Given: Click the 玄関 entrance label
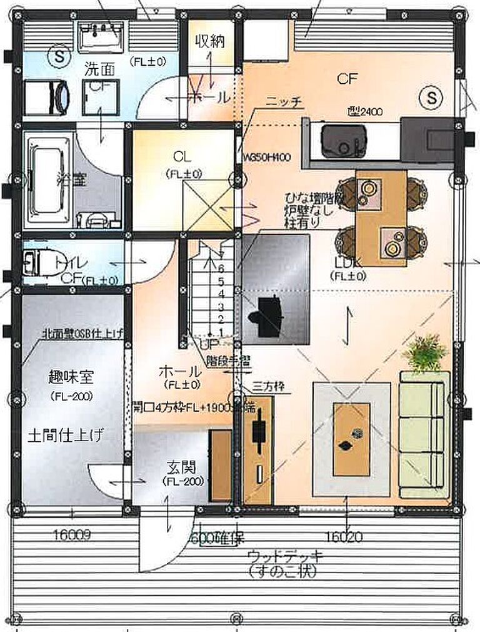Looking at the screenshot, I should (181, 467).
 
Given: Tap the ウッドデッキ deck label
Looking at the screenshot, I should (284, 556).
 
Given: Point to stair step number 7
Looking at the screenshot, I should (221, 255).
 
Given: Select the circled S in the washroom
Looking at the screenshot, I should (60, 56).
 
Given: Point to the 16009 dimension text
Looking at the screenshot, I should (72, 535).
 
